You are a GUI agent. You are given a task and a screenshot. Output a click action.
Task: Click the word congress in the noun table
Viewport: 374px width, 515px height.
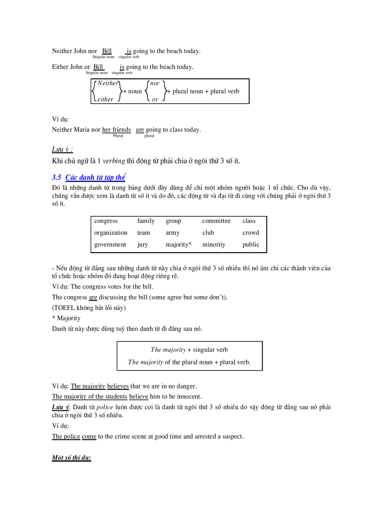tap(106, 221)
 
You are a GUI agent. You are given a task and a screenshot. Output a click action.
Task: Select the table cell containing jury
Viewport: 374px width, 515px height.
tap(143, 245)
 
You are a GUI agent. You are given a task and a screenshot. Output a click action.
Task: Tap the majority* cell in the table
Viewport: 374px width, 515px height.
tap(179, 245)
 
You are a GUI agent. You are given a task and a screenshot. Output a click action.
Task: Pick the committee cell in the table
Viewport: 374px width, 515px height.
tap(216, 221)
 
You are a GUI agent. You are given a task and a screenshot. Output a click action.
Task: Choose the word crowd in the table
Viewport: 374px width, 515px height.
tap(251, 233)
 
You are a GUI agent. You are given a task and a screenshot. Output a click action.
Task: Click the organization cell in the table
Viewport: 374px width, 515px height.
tap(111, 233)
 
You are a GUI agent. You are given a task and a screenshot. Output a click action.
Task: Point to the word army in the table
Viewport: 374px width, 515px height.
tap(173, 233)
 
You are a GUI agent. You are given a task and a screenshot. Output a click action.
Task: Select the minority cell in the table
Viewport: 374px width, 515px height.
tap(214, 245)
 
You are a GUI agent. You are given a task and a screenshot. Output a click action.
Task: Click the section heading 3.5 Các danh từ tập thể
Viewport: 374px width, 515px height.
tap(89, 177)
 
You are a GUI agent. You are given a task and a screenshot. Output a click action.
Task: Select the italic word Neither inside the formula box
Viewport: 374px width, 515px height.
tap(108, 83)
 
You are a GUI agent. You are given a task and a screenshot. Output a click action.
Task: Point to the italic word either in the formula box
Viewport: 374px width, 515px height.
tap(105, 99)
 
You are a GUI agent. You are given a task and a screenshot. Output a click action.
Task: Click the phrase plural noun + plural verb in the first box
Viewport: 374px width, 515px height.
tap(206, 91)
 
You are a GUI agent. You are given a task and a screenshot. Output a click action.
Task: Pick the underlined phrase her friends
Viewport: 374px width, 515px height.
tap(116, 130)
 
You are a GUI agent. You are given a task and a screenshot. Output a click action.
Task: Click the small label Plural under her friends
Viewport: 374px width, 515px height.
tap(118, 136)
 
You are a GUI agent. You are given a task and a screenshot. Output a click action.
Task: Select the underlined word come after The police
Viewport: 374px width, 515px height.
tap(89, 437)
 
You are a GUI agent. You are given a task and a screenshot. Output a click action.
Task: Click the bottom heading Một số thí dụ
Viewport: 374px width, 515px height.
tap(71, 458)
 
